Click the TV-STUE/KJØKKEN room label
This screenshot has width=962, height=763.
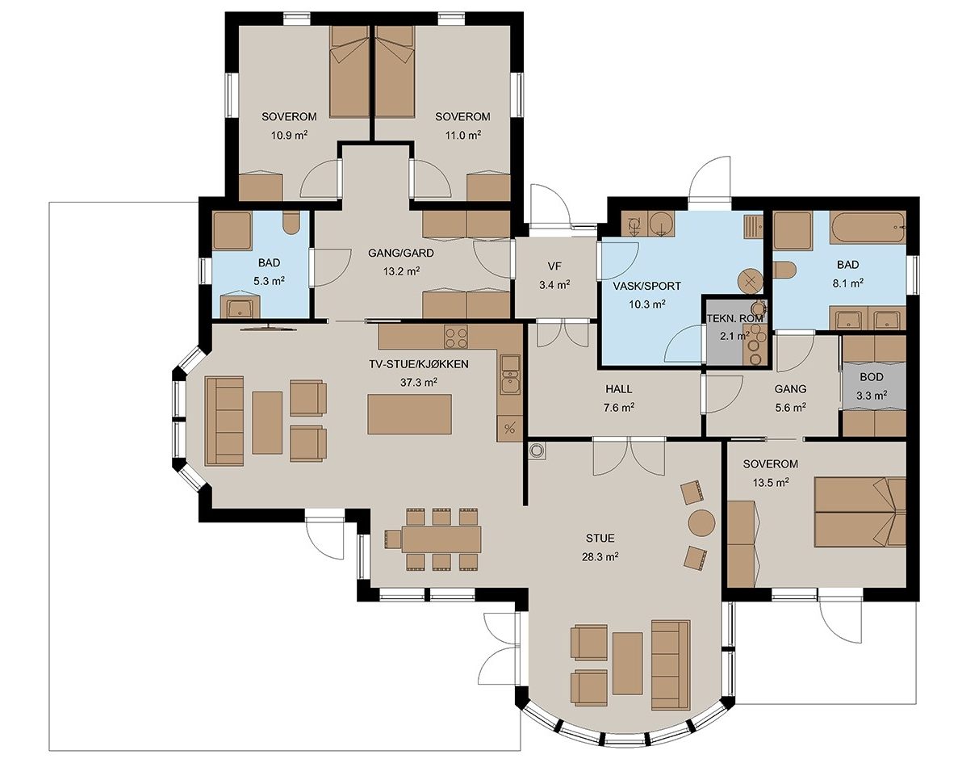418,364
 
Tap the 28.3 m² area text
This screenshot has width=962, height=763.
600,557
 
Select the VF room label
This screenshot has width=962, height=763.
554,266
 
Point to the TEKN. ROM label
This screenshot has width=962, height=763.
734,319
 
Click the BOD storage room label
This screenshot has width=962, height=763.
871,377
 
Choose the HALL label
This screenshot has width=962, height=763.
618,389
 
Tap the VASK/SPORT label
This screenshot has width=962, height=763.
646,286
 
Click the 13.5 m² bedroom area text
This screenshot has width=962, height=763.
771,483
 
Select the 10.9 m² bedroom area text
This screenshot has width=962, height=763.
289,135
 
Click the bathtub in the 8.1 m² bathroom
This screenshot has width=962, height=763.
868,228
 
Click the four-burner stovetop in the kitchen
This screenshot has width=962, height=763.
456,336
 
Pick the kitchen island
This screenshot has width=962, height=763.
410,414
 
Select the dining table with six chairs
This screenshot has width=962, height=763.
441,539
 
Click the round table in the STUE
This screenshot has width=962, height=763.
702,523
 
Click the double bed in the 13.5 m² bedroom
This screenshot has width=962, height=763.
860,512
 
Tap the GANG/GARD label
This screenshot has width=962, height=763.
400,253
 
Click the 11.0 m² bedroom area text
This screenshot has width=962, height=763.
462,135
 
